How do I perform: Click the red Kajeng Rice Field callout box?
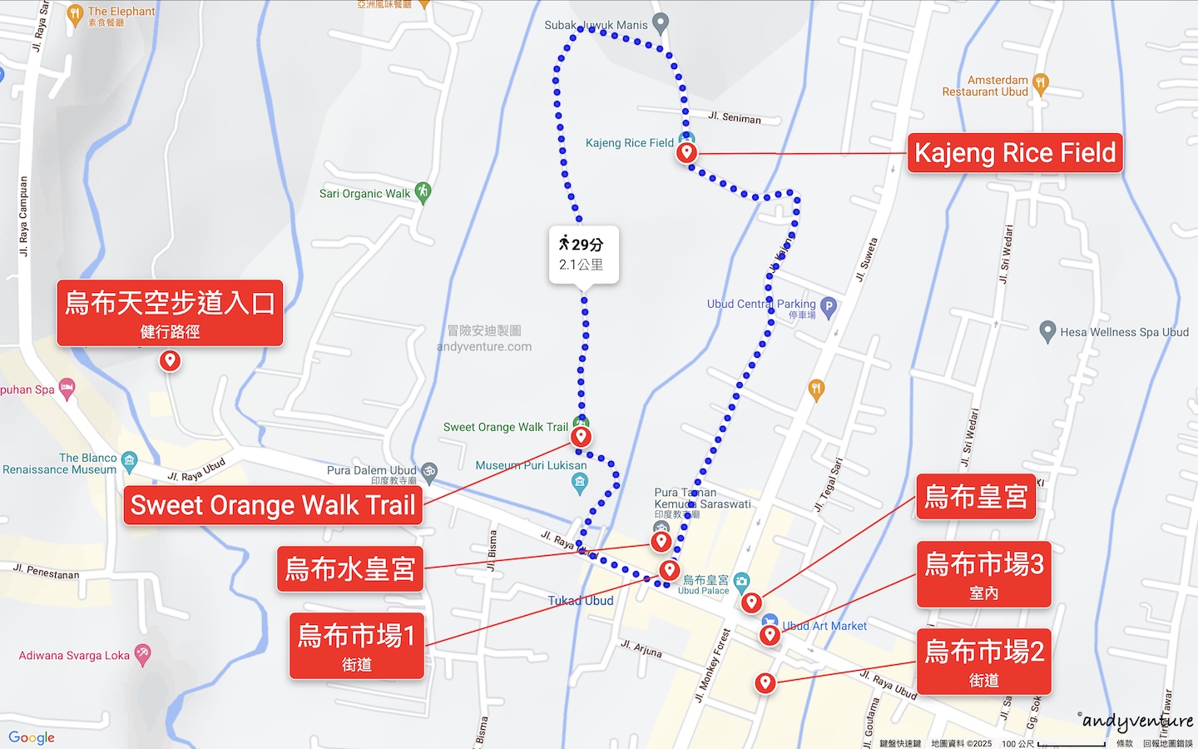[x=1015, y=153]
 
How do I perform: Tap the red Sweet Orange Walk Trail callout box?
[x=273, y=505]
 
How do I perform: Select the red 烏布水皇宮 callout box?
[x=350, y=569]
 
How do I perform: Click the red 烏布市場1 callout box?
[x=357, y=646]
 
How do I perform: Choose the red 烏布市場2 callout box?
[x=984, y=661]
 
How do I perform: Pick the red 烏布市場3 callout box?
[x=984, y=574]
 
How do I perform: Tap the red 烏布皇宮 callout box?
[x=977, y=497]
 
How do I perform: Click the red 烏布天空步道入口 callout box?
[x=170, y=313]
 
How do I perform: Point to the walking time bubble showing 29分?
[x=582, y=254]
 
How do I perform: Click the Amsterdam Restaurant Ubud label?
[x=985, y=86]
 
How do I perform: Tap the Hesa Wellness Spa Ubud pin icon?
[x=1048, y=331]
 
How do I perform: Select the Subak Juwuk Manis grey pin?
[x=661, y=23]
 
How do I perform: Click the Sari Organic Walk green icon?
[x=423, y=192]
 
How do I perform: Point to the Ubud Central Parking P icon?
[x=829, y=306]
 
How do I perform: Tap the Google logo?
[x=32, y=737]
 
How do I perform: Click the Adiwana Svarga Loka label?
[x=74, y=656]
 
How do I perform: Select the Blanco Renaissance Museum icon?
[x=129, y=459]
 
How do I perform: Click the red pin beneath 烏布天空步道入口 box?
[x=170, y=361]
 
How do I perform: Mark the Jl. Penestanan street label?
[x=47, y=571]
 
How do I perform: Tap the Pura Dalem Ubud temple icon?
[x=428, y=470]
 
